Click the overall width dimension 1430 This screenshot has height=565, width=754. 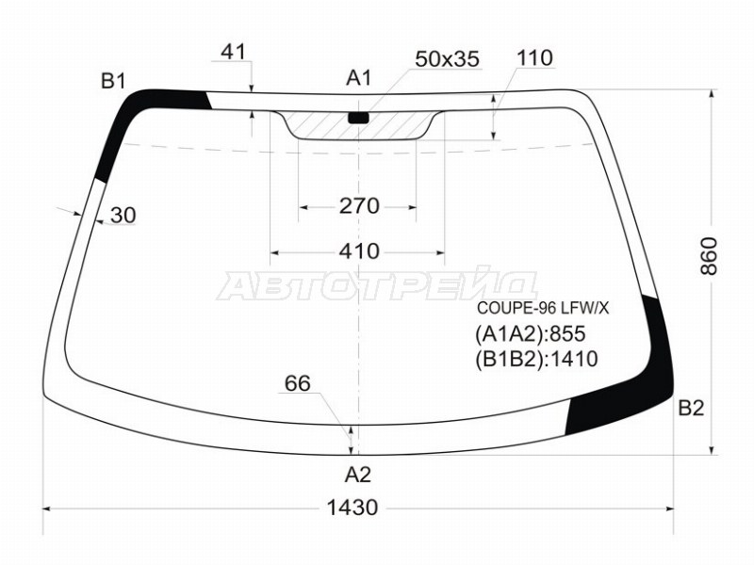click(352, 508)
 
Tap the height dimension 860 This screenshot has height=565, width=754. click(709, 256)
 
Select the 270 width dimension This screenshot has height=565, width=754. click(359, 206)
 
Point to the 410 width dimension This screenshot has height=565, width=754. click(359, 251)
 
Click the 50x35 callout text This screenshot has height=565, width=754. click(447, 58)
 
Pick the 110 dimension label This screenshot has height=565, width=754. click(534, 57)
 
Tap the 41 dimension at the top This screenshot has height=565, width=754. click(234, 52)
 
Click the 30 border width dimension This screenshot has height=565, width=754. click(123, 216)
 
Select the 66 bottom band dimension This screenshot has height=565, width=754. click(298, 383)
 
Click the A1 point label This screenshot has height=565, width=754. click(359, 78)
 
